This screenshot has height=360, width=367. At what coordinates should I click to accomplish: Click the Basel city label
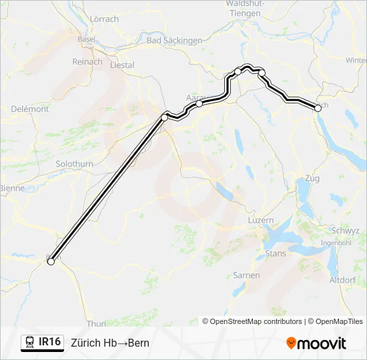86,39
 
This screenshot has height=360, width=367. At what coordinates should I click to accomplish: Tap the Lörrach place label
103,19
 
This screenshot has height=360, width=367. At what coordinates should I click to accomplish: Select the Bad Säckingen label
174,41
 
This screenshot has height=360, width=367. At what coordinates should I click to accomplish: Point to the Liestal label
122,65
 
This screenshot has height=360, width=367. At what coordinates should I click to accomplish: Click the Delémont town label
29,109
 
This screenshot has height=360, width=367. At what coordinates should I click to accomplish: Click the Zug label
312,179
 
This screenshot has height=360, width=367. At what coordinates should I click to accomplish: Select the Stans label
276,253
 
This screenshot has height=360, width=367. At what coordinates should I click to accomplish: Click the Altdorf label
343,280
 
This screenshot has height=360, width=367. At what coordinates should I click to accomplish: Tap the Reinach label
88,62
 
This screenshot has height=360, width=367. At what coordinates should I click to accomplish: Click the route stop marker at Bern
50,262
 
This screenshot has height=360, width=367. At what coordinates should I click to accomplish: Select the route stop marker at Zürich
317,107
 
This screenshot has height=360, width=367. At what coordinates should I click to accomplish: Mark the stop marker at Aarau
199,103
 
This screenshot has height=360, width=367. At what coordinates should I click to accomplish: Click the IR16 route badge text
50,342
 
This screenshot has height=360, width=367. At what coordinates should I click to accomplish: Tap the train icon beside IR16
30,343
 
